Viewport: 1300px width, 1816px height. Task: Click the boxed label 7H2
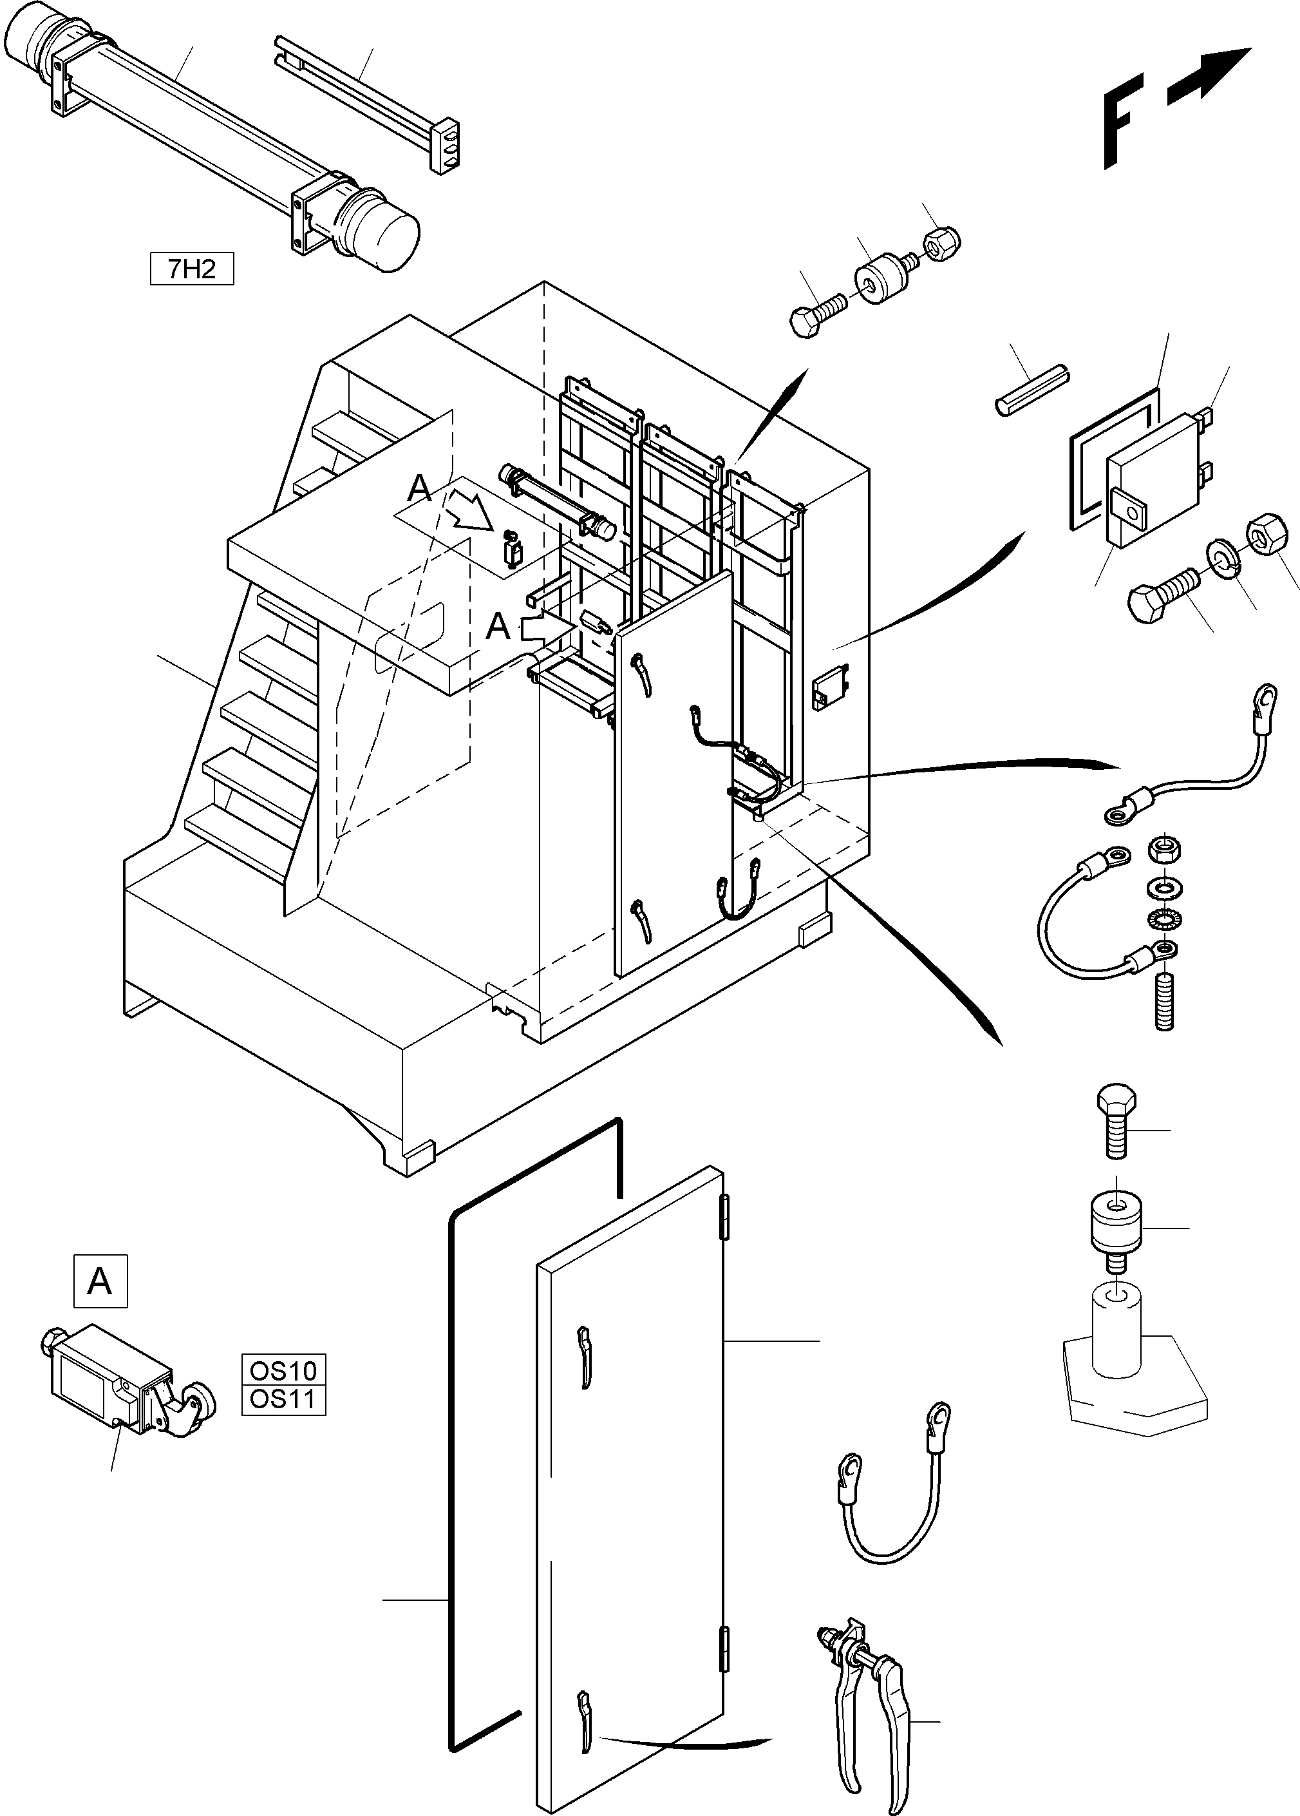pos(191,269)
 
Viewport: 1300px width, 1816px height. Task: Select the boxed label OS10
pos(283,1370)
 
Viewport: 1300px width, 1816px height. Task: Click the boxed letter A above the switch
pos(100,1281)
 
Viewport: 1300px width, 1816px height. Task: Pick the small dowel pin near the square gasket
pos(1033,390)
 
